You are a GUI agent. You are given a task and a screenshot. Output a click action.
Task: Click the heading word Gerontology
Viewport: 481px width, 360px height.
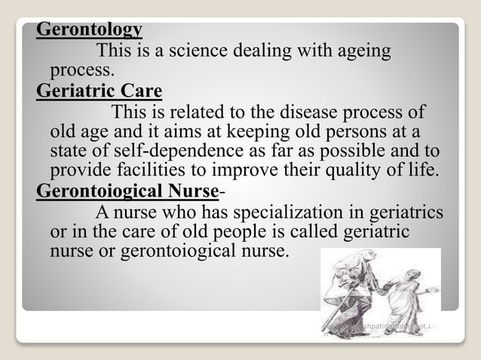click(89, 31)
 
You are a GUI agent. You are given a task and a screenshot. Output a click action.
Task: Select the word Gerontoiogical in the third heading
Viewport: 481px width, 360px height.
click(103, 191)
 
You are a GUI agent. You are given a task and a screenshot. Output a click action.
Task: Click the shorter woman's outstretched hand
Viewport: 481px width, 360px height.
click(434, 290)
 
